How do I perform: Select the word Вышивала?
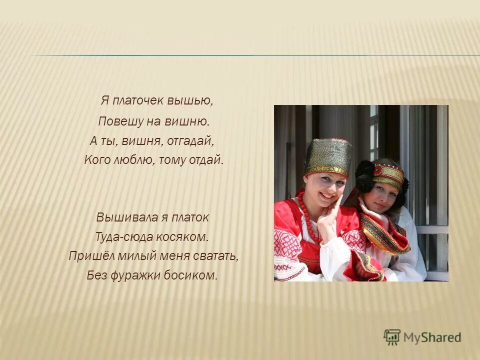[120, 217]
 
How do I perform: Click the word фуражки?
[133, 275]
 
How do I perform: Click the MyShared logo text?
[432, 337]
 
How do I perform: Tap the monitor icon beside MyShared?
[392, 336]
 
